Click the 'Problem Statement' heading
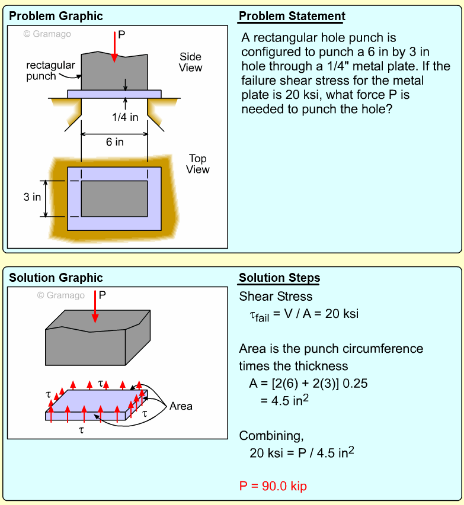(x=292, y=16)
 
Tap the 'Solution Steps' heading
(x=279, y=278)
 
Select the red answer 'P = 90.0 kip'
(x=273, y=486)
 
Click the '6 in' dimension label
(x=114, y=142)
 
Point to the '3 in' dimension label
(x=32, y=197)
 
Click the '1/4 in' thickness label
(x=125, y=117)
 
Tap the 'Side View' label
(x=191, y=62)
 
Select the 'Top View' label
(x=198, y=164)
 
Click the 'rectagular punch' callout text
(x=50, y=70)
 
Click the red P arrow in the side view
(x=114, y=47)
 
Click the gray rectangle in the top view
(x=114, y=198)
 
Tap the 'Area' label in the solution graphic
(x=181, y=406)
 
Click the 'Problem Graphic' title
(x=56, y=16)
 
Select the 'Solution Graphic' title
(x=56, y=278)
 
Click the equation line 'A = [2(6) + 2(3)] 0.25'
(x=308, y=383)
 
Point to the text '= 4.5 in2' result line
(x=285, y=400)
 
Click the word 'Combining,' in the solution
(x=271, y=436)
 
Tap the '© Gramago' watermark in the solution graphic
(x=60, y=295)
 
